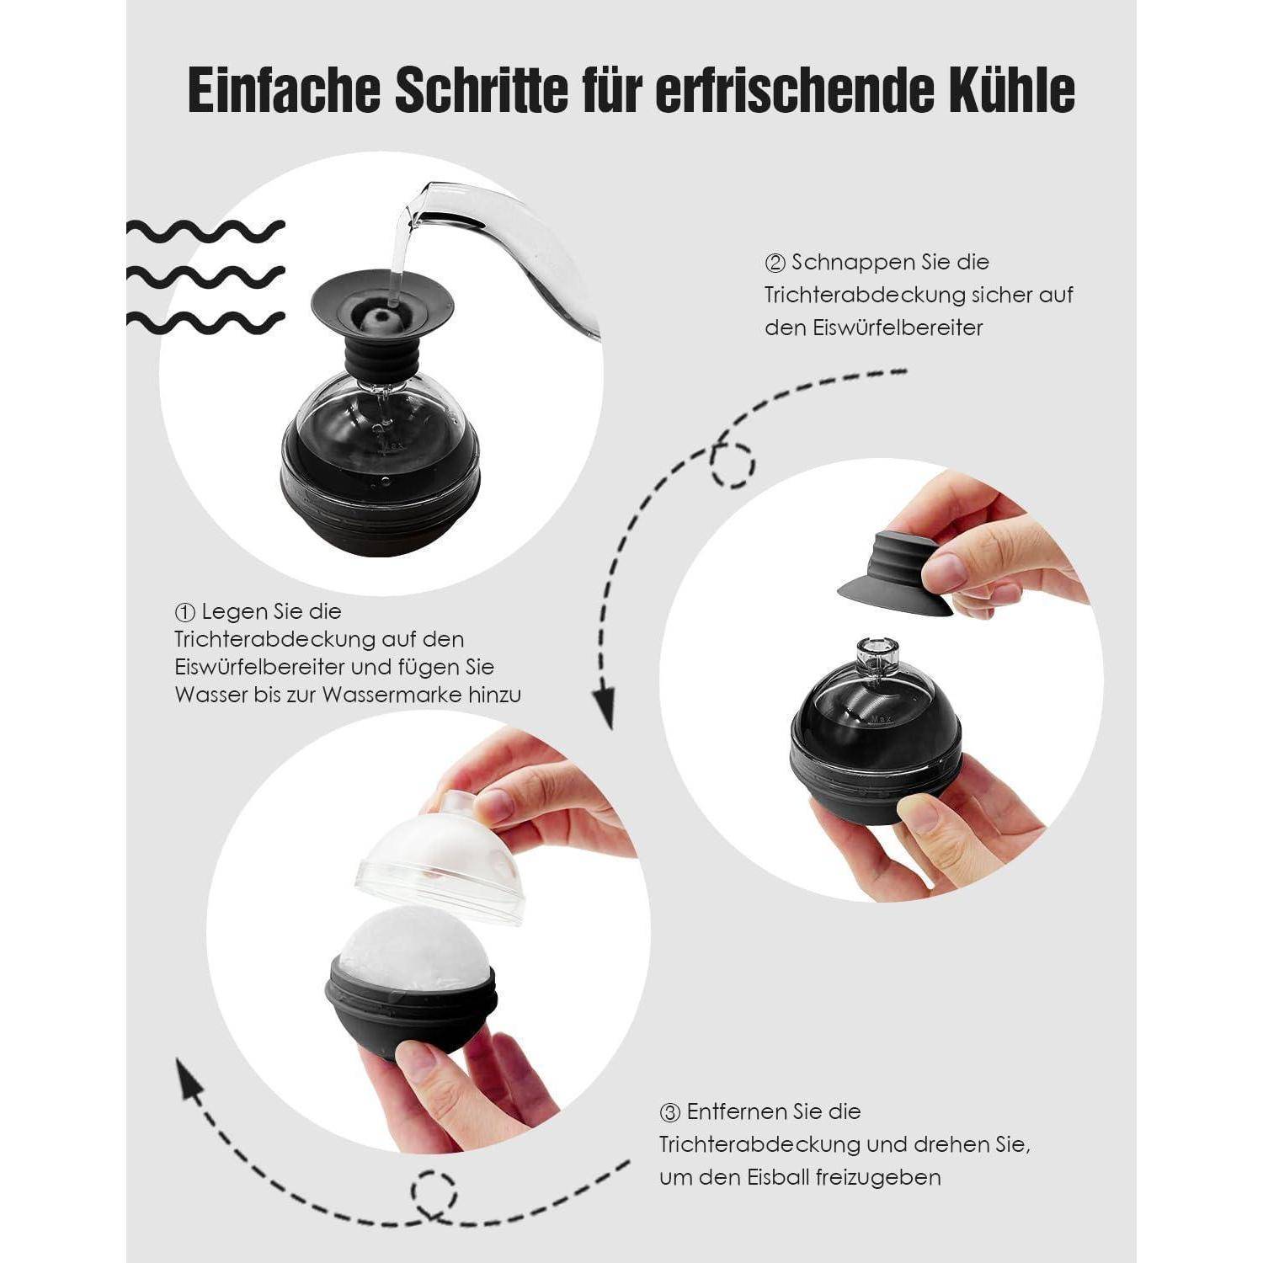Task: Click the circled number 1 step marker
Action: point(185,611)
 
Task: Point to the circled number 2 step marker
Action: point(775,263)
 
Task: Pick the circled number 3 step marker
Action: point(670,1112)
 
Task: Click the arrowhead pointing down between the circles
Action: point(603,707)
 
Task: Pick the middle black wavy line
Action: point(205,274)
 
